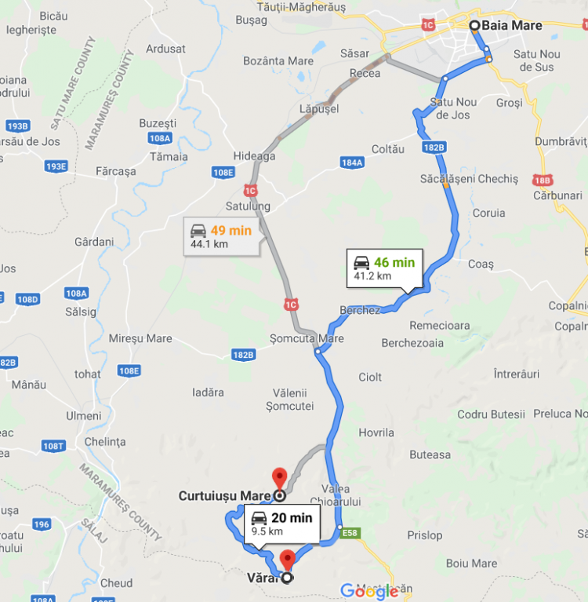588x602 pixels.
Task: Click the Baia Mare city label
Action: pos(511,26)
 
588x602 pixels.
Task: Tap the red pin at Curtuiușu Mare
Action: pos(278,476)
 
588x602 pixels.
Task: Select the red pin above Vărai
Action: pos(287,560)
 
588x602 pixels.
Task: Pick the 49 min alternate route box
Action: pos(223,236)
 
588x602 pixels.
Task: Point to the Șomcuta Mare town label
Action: pos(307,339)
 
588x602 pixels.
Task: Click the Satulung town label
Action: pos(248,206)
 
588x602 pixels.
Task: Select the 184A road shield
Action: pos(352,162)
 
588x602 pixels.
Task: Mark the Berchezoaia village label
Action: pos(412,343)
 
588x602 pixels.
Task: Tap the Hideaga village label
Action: pos(254,156)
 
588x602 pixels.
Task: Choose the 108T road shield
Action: pos(53,446)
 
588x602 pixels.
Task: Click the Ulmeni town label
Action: pos(84,415)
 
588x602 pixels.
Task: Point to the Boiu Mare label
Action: pos(471,564)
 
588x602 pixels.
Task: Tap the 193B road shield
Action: pos(17,126)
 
